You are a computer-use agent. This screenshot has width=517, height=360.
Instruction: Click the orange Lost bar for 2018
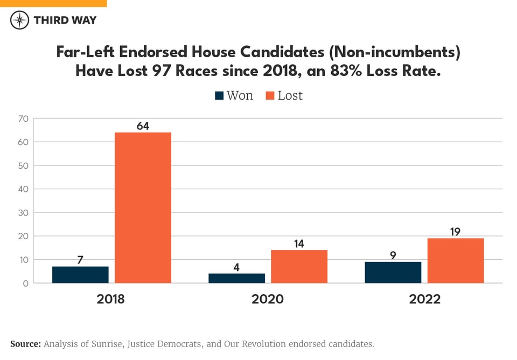pyautogui.click(x=143, y=207)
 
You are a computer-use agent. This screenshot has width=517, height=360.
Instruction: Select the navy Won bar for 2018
pyautogui.click(x=80, y=274)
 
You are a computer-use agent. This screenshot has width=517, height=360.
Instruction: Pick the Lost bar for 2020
pyautogui.click(x=299, y=266)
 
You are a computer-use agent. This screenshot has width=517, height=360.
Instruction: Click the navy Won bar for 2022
pyautogui.click(x=393, y=272)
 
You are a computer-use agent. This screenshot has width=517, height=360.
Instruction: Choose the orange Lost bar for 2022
pyautogui.click(x=456, y=260)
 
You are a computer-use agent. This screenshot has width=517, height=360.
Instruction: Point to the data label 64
pyautogui.click(x=143, y=126)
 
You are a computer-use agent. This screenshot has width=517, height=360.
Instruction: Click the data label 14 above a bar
pyautogui.click(x=299, y=244)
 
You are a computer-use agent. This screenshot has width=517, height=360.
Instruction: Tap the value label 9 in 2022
pyautogui.click(x=393, y=255)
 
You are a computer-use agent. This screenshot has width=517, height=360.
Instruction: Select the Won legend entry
pyautogui.click(x=234, y=96)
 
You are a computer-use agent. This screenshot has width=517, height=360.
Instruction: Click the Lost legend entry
pyautogui.click(x=284, y=96)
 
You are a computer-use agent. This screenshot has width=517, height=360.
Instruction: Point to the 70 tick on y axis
pyautogui.click(x=23, y=119)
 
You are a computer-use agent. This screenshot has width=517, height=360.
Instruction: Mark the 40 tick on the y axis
pyautogui.click(x=23, y=189)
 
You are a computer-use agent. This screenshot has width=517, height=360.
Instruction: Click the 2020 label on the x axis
pyautogui.click(x=267, y=299)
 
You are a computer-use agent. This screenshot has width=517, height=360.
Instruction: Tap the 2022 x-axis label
pyautogui.click(x=424, y=299)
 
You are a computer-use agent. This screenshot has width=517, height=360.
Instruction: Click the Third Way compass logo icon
pyautogui.click(x=20, y=20)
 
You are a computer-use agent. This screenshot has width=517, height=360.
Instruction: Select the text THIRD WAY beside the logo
pyautogui.click(x=65, y=20)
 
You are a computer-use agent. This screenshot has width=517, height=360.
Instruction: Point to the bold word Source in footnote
pyautogui.click(x=25, y=344)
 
